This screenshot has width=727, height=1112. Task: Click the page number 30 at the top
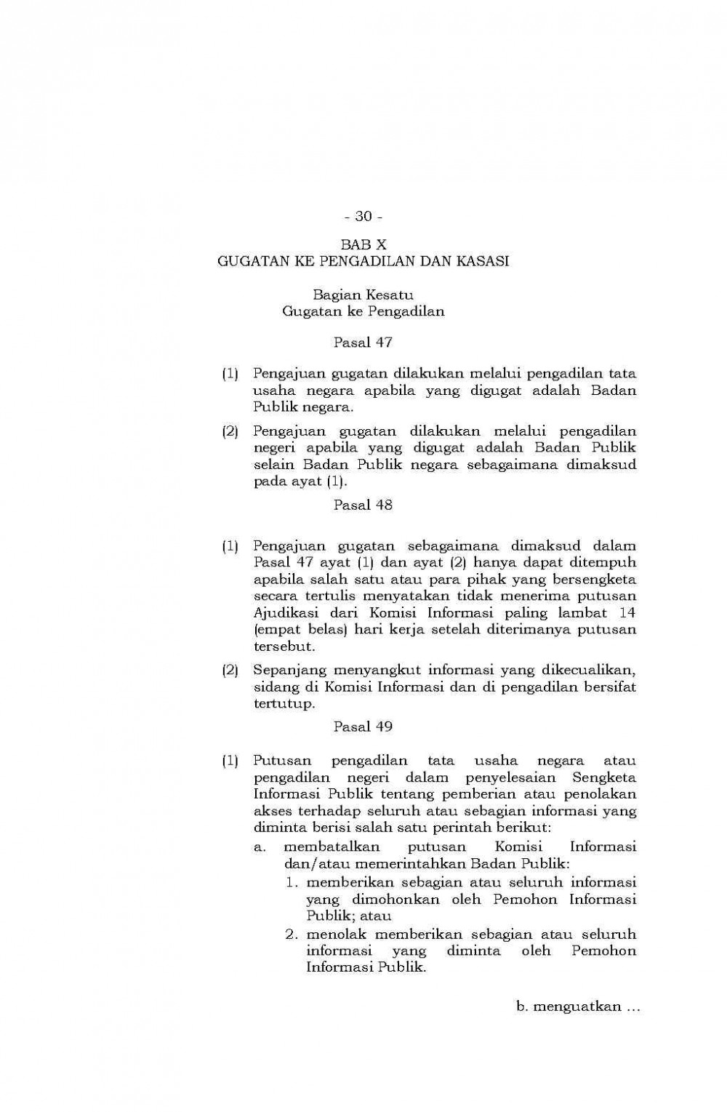(363, 216)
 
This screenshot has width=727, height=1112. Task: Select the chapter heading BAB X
(363, 246)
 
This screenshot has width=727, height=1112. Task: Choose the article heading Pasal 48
(363, 504)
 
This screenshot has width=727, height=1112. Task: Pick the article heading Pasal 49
(363, 726)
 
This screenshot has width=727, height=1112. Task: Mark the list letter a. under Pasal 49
(260, 847)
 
